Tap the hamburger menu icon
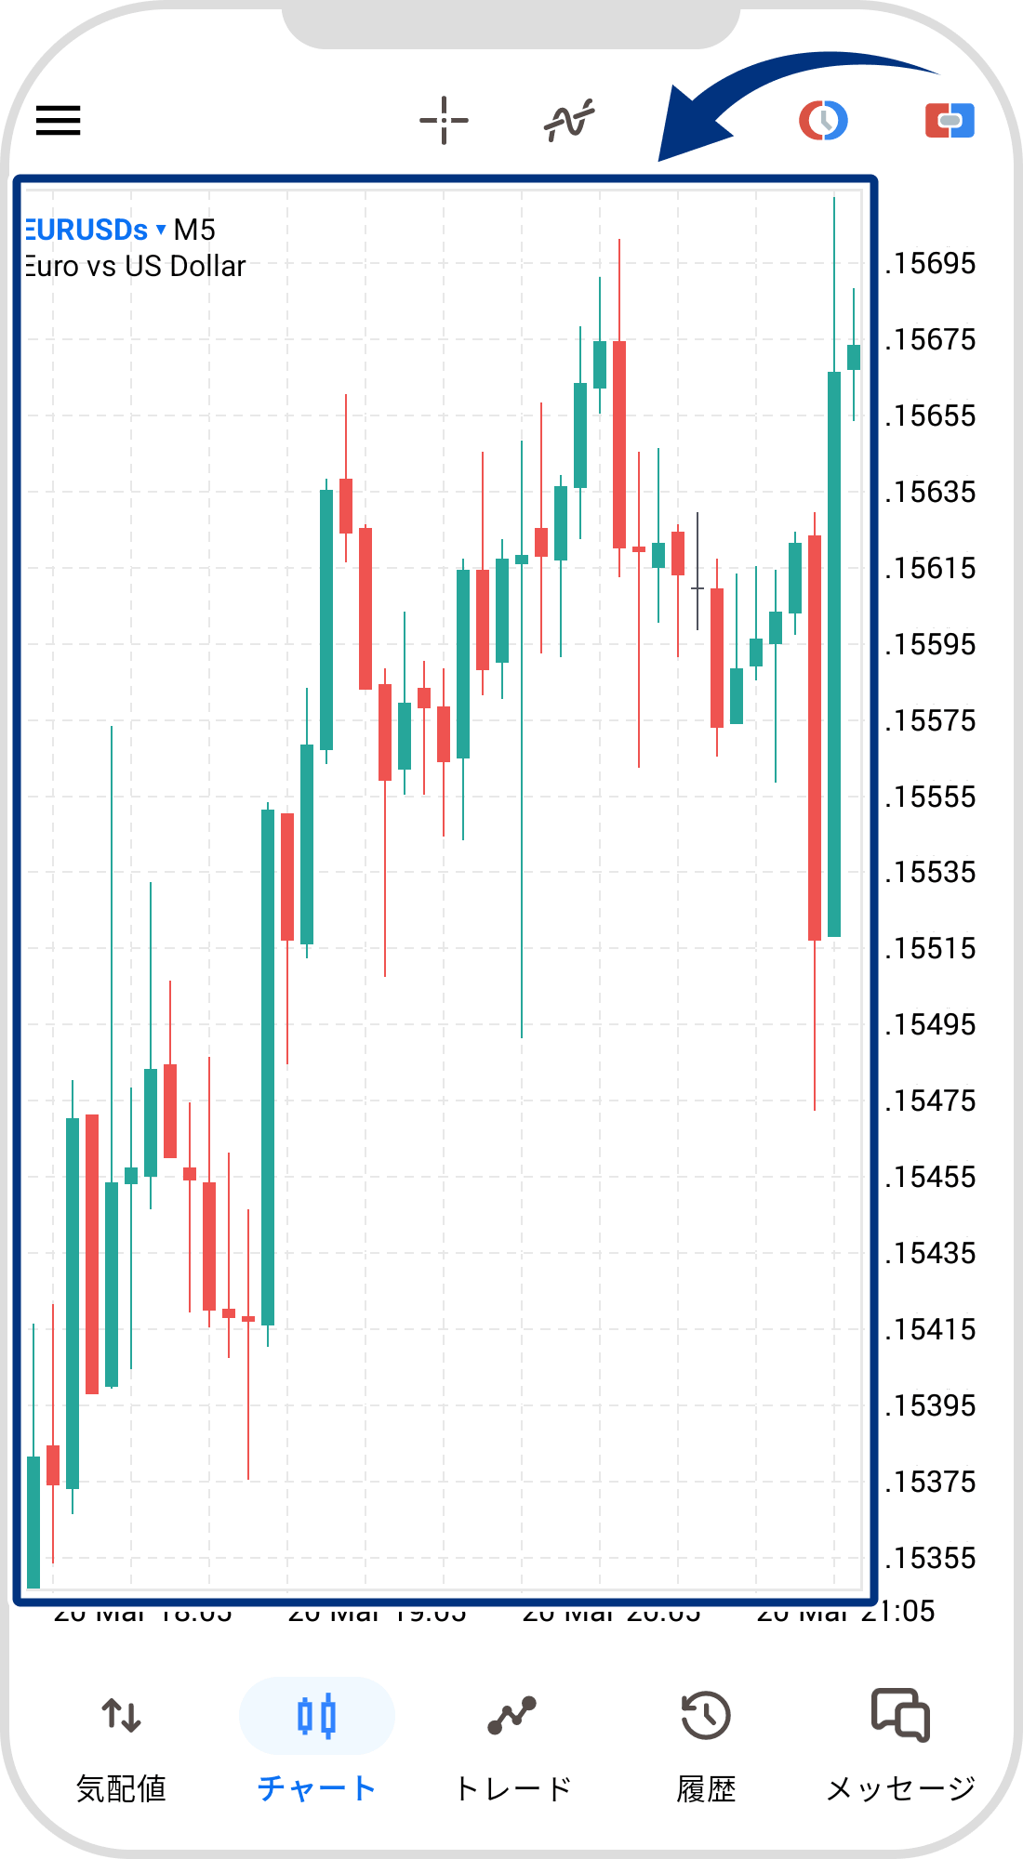[x=59, y=120]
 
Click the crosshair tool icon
[x=444, y=120]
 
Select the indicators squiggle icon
[x=569, y=120]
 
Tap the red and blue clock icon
[x=823, y=120]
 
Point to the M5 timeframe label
[x=194, y=230]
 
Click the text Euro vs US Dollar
[x=136, y=267]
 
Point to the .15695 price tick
[x=930, y=264]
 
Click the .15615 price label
[x=930, y=568]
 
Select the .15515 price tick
[x=930, y=949]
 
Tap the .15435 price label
[x=930, y=1254]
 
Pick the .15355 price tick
[x=930, y=1558]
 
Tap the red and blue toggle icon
[x=950, y=120]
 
